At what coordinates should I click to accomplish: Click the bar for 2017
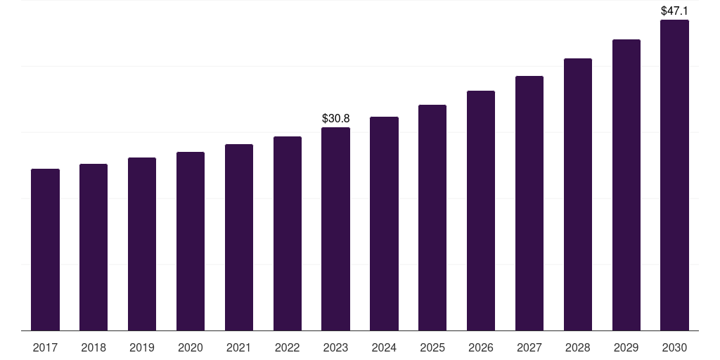[x=45, y=250]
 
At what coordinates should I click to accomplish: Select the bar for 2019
[x=142, y=244]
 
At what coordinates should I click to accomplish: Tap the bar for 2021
[x=239, y=237]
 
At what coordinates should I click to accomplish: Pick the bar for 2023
[x=335, y=229]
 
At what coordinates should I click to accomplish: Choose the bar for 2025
[x=432, y=217]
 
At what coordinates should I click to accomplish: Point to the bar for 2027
[x=529, y=203]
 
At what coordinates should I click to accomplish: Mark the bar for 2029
[x=626, y=185]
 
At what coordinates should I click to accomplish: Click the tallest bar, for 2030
[x=674, y=175]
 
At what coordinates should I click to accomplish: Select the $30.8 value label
[x=335, y=118]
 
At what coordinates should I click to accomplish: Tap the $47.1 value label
[x=674, y=11]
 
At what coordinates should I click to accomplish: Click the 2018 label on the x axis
[x=94, y=347]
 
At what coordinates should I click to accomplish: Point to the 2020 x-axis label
[x=191, y=347]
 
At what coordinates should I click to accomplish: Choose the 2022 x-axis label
[x=288, y=347]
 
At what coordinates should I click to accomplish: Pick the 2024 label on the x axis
[x=384, y=347]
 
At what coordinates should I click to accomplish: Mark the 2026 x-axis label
[x=481, y=347]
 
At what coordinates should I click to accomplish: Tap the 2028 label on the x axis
[x=578, y=347]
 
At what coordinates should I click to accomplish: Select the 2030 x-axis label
[x=674, y=347]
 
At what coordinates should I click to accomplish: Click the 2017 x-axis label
[x=45, y=347]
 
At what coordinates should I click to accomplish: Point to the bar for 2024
[x=384, y=224]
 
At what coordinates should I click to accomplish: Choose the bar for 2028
[x=578, y=194]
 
